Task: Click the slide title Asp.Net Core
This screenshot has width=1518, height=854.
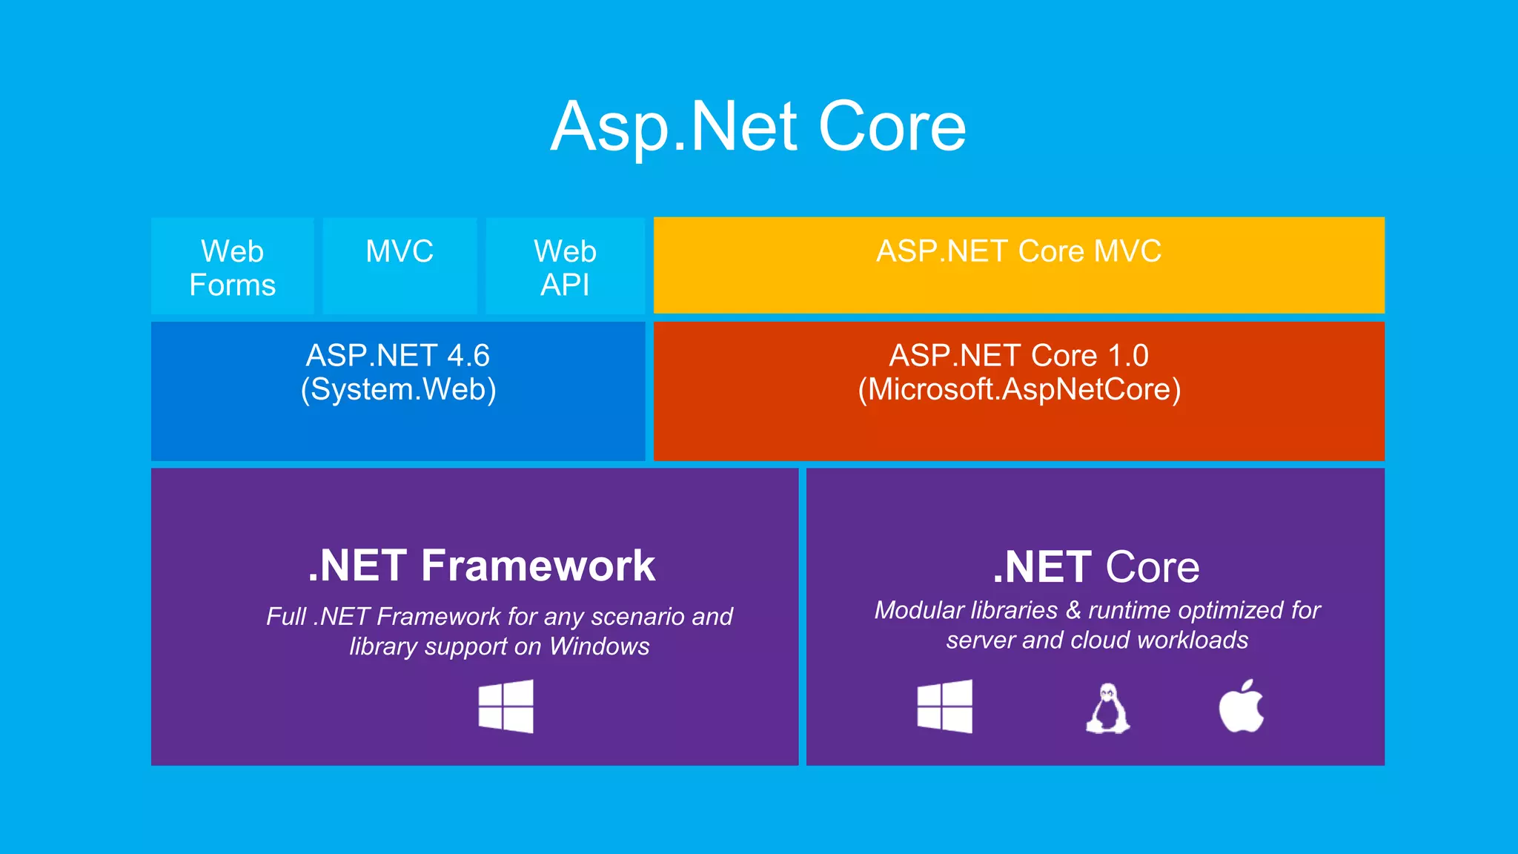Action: [758, 128]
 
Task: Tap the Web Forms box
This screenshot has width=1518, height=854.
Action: [232, 267]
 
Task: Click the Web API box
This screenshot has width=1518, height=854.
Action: [565, 267]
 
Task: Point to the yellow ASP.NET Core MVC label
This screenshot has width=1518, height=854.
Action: [1018, 251]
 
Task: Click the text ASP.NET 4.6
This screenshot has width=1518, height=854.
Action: [398, 356]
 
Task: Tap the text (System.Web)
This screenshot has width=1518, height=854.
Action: [398, 390]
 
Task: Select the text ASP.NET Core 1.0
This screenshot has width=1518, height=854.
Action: [1018, 356]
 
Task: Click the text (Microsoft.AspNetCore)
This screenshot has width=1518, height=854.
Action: [1018, 390]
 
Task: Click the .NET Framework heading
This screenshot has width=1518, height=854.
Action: [481, 566]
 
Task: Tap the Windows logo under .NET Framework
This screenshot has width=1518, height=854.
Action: [506, 706]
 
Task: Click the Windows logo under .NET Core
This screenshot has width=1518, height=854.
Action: [945, 706]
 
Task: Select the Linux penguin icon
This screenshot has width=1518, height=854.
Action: [1107, 709]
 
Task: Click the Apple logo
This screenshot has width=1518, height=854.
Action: [1242, 706]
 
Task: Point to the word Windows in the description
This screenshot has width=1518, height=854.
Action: [599, 646]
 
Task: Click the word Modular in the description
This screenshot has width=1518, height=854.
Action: [916, 610]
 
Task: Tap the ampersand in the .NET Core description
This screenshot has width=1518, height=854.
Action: [1073, 610]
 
